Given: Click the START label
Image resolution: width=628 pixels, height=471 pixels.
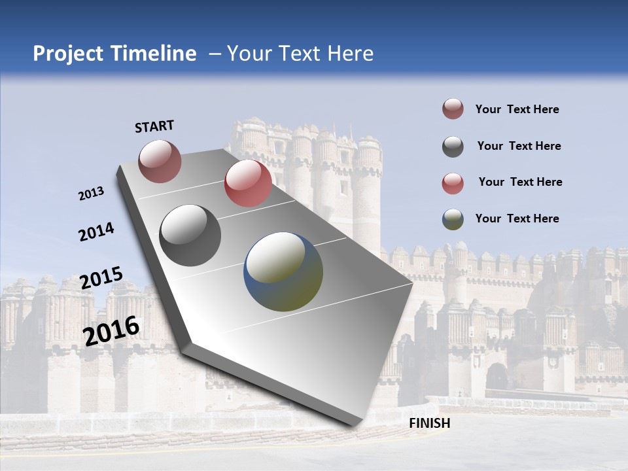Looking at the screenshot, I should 154,126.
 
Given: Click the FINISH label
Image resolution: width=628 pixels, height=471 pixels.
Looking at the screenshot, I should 429,423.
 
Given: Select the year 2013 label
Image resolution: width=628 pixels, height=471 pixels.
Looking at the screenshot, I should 91,194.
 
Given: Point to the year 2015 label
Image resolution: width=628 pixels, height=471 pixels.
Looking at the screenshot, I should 101,278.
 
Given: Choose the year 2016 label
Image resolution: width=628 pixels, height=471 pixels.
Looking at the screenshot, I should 111,330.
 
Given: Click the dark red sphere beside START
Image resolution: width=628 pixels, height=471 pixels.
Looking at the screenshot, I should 160,161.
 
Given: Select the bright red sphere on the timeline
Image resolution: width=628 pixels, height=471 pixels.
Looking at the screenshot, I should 248,183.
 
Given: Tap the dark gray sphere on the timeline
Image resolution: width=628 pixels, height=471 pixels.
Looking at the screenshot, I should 190,235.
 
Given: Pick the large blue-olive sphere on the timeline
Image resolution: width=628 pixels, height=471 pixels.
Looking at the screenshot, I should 283,271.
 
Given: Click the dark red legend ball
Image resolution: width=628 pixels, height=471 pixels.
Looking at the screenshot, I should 453,109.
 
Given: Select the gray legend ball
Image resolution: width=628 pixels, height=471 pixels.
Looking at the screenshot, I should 453,147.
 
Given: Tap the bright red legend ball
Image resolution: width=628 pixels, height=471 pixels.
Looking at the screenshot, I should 453,183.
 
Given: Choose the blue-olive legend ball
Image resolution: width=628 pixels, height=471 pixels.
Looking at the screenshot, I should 453,219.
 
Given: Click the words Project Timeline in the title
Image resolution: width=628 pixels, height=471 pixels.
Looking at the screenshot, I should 114,54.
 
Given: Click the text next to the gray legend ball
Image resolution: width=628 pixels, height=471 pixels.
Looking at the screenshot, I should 519,146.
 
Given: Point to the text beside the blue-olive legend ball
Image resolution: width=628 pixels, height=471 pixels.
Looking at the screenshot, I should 517,218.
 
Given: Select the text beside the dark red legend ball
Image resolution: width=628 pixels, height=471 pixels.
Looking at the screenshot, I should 517,109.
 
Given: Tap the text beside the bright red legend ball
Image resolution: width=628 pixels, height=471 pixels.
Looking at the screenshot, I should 520,182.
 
